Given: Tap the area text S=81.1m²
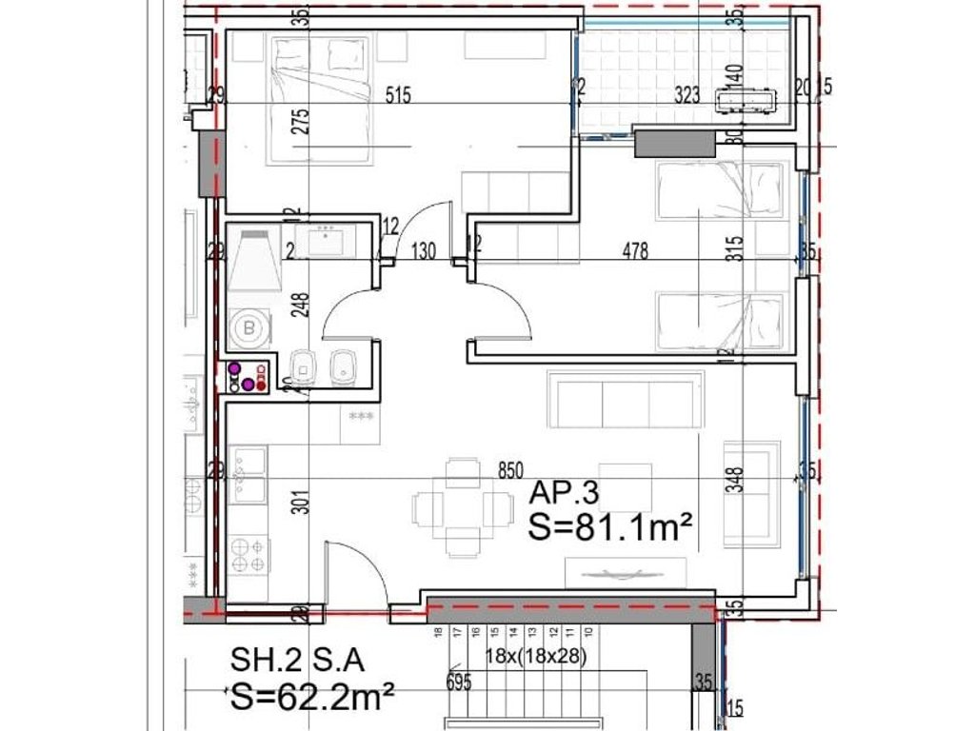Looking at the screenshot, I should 609,526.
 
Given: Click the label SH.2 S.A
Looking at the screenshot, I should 298,660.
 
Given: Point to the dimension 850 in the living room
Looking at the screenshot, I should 511,469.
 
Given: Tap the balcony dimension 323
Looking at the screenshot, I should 688,94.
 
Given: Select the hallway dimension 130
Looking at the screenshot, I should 424,251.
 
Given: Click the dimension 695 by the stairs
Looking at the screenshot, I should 460,682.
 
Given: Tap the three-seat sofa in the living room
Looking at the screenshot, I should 626,400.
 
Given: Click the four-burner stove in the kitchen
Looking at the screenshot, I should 249,555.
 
